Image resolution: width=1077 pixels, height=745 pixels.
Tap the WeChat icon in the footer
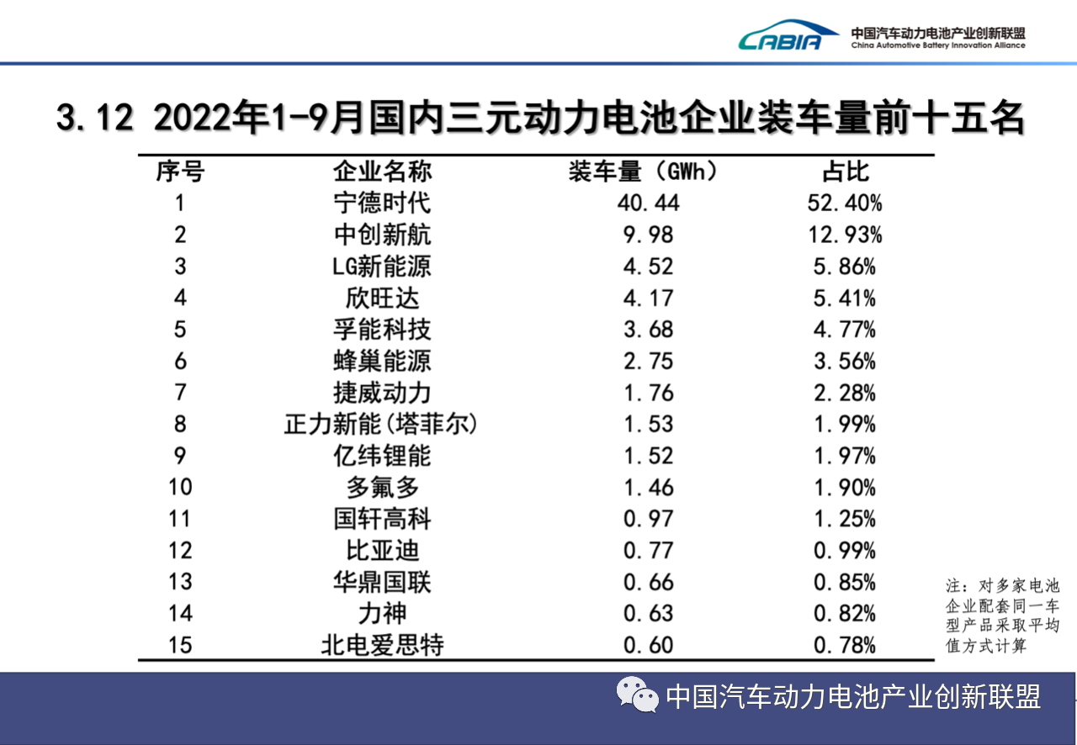(639, 695)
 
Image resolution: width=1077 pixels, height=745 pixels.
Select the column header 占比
(845, 172)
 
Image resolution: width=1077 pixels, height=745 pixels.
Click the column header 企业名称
(382, 172)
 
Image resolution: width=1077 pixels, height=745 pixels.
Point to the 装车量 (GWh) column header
(645, 172)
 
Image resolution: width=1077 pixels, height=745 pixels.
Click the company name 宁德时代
(382, 203)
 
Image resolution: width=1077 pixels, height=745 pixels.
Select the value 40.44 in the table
(649, 203)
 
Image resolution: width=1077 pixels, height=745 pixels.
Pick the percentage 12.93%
(845, 235)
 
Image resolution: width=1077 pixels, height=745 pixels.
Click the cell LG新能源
(382, 267)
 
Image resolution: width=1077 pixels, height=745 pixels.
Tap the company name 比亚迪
(382, 551)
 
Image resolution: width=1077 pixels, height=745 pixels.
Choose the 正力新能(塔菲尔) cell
(382, 424)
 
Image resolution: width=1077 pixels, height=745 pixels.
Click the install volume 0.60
(649, 645)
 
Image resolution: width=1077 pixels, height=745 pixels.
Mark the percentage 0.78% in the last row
(845, 645)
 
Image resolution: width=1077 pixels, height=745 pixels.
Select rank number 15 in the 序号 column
(179, 645)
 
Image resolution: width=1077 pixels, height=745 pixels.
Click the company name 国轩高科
(382, 519)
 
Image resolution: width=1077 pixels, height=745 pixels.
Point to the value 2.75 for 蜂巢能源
(649, 362)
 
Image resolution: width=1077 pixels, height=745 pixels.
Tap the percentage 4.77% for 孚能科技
(845, 330)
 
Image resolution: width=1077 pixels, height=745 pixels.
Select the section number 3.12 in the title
(94, 119)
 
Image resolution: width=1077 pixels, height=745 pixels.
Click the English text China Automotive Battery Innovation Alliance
(937, 45)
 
